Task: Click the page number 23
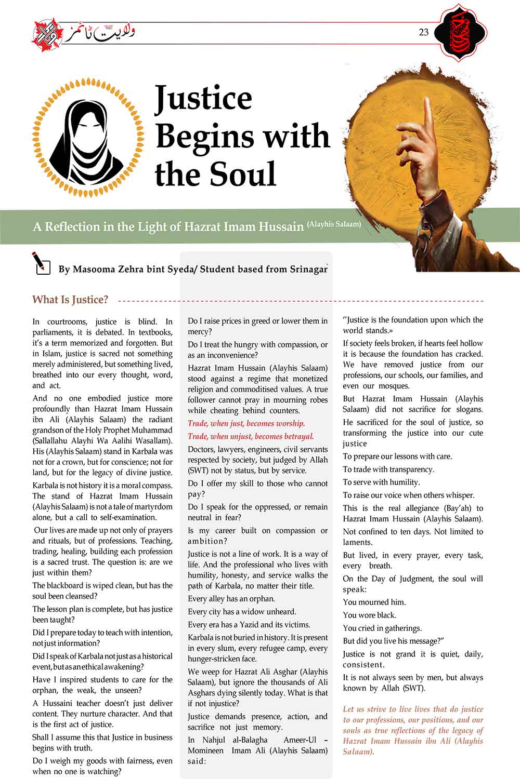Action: click(423, 32)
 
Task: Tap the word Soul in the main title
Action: click(243, 174)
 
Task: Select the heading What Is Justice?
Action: click(70, 300)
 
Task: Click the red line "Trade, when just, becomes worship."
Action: click(246, 423)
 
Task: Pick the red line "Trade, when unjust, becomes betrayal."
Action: click(251, 436)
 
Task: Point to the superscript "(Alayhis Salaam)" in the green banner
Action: click(334, 224)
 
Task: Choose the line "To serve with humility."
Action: click(381, 482)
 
